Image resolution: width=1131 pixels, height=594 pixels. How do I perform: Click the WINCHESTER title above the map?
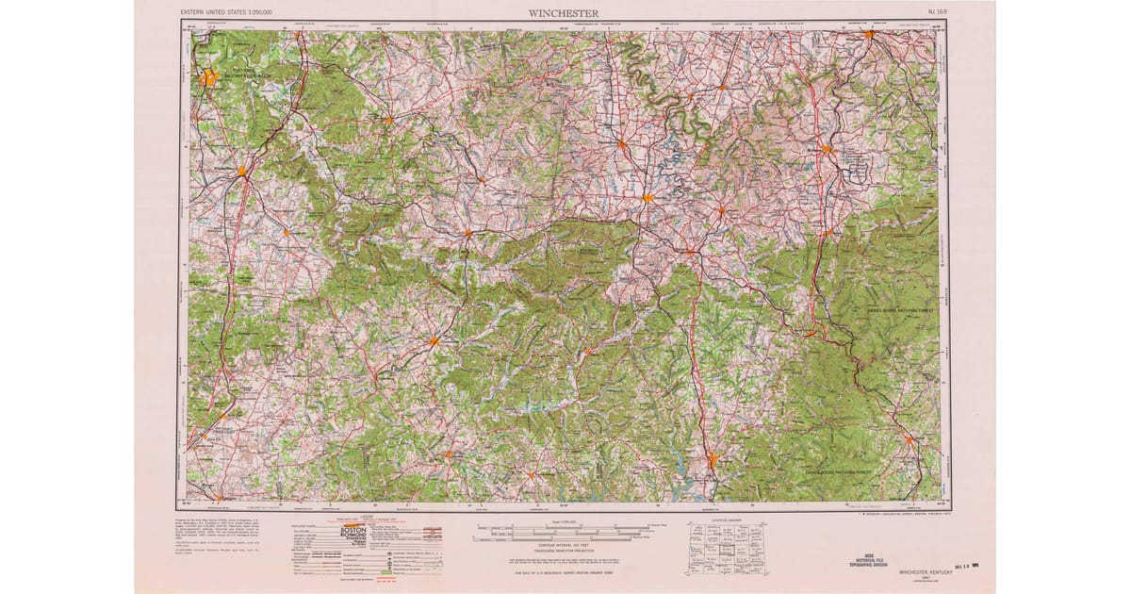[x=564, y=12]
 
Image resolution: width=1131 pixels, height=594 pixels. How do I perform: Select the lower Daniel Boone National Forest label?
[x=842, y=469]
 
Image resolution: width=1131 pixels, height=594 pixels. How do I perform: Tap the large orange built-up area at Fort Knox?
[x=207, y=78]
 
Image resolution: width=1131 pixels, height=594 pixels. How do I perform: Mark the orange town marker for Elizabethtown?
[x=242, y=172]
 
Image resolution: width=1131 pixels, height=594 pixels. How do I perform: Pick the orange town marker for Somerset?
[x=713, y=461]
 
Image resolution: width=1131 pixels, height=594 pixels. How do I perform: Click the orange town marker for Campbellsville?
[x=434, y=341]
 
